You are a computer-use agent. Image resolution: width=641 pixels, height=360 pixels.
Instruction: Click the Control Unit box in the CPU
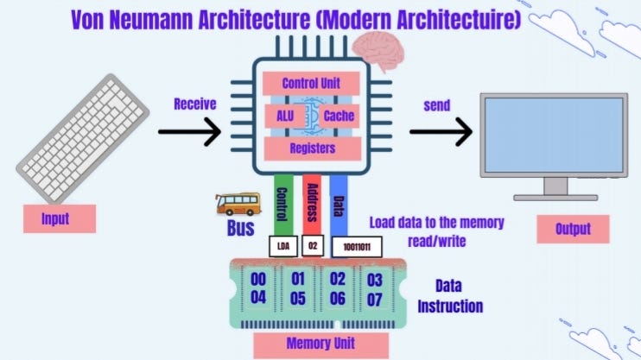(309, 84)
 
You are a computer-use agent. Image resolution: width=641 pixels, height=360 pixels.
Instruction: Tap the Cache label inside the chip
(340, 116)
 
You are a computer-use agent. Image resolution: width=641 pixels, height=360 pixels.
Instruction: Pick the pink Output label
(572, 229)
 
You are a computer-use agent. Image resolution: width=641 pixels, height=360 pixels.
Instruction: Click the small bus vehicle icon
(237, 204)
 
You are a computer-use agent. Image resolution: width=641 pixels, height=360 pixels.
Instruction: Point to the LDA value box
(282, 245)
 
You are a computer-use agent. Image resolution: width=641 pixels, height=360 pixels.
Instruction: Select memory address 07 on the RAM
(373, 298)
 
